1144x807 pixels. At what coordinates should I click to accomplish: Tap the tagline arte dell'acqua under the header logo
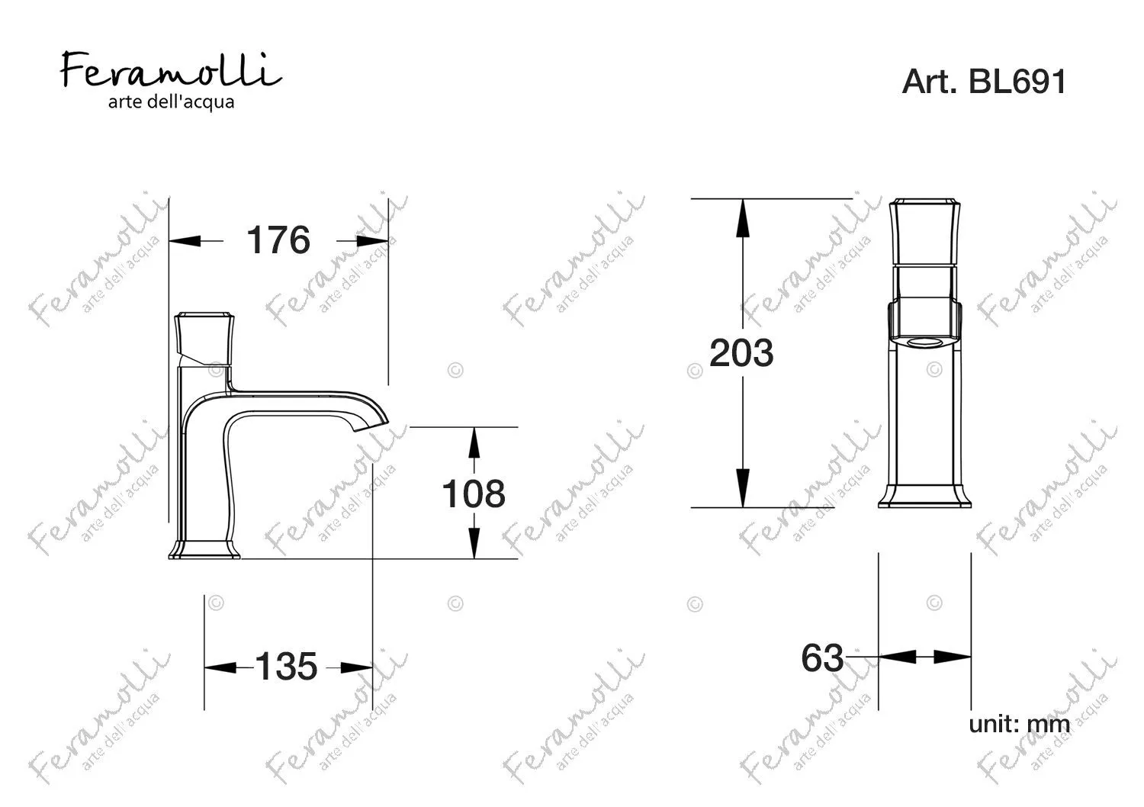[x=171, y=102]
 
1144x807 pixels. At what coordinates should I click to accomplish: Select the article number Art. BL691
[x=984, y=81]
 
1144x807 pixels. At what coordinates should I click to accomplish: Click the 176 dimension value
[x=278, y=240]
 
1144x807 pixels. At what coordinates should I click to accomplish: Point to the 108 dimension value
[x=474, y=494]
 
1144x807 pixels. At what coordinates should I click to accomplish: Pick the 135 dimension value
[x=286, y=667]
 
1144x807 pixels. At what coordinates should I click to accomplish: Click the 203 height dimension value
[x=741, y=353]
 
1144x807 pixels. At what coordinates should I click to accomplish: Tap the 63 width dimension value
[x=822, y=657]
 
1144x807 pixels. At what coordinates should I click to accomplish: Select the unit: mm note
[x=1019, y=725]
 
